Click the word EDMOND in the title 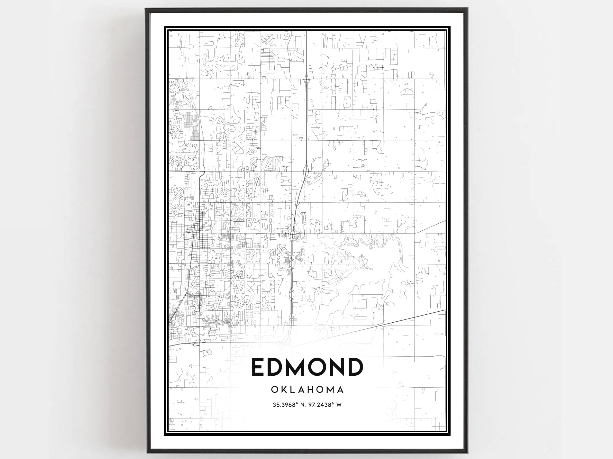(307, 367)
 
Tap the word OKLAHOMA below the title (307, 390)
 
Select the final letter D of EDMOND (354, 367)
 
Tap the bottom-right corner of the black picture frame (467, 453)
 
